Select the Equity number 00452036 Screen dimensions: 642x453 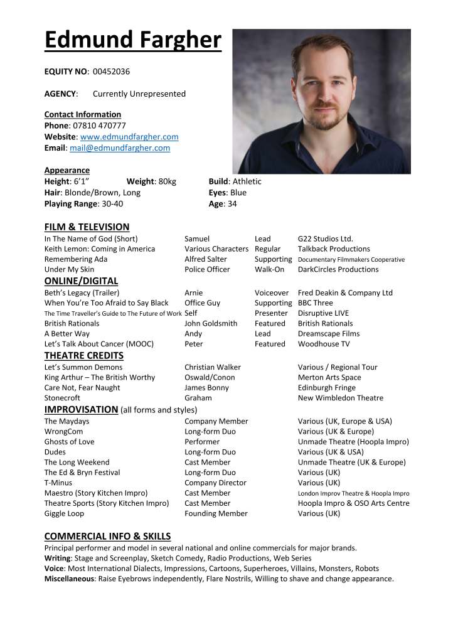pos(111,72)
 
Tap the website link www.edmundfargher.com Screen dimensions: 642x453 pos(129,137)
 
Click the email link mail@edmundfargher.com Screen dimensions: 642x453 pos(120,148)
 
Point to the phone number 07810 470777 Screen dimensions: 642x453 pos(99,126)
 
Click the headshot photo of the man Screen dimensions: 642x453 pos(321,101)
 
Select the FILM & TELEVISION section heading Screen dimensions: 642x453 pos(87,227)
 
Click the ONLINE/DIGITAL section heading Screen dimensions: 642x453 pos(81,281)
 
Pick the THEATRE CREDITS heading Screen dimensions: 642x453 pos(84,355)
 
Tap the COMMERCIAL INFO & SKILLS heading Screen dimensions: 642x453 pos(107,537)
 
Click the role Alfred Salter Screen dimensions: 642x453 pos(206,259)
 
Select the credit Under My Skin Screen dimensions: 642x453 pos(69,269)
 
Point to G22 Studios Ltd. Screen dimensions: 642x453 pos(326,238)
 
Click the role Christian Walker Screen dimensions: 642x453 pos(213,367)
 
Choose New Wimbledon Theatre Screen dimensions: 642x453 pos(341,398)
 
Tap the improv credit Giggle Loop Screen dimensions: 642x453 pos(64,513)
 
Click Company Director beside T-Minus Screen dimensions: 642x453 pos(215,483)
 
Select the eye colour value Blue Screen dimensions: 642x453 pos(238,193)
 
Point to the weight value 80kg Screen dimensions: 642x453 pos(168,181)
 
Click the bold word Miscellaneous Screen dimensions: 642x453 pos(69,579)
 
